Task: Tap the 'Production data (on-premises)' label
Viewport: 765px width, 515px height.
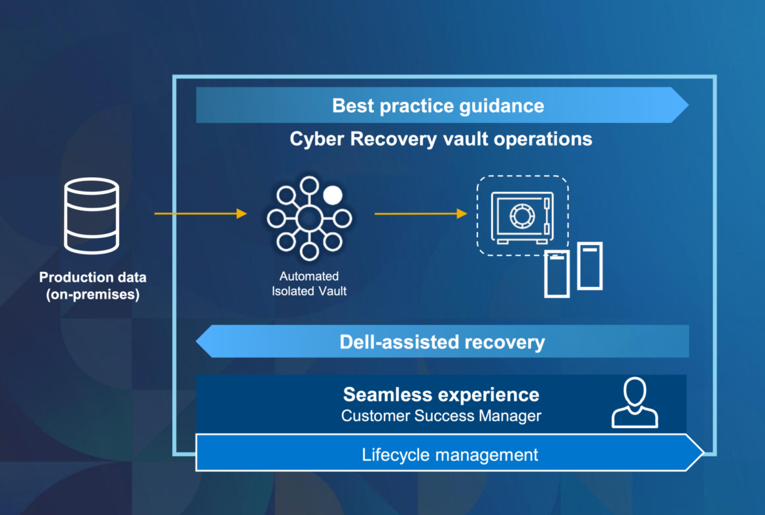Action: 93,286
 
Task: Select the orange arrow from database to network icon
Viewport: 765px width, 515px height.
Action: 201,214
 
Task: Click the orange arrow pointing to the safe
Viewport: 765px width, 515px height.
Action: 420,214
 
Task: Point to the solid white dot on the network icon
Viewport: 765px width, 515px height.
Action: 333,195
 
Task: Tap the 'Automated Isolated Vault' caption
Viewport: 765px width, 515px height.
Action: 309,284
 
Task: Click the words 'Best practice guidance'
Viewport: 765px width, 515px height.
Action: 438,106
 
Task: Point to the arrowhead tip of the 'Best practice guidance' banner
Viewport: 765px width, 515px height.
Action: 688,105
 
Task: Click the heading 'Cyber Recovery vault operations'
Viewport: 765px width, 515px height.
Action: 441,139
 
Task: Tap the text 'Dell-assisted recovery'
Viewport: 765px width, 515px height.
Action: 442,342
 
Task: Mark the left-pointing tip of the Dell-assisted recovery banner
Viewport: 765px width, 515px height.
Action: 196,341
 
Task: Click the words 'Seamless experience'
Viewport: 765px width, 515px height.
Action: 441,394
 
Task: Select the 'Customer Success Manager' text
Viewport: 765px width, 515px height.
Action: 441,416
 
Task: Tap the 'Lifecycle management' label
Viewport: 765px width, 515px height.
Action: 450,454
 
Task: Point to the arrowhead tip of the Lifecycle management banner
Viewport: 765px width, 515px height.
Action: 704,452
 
